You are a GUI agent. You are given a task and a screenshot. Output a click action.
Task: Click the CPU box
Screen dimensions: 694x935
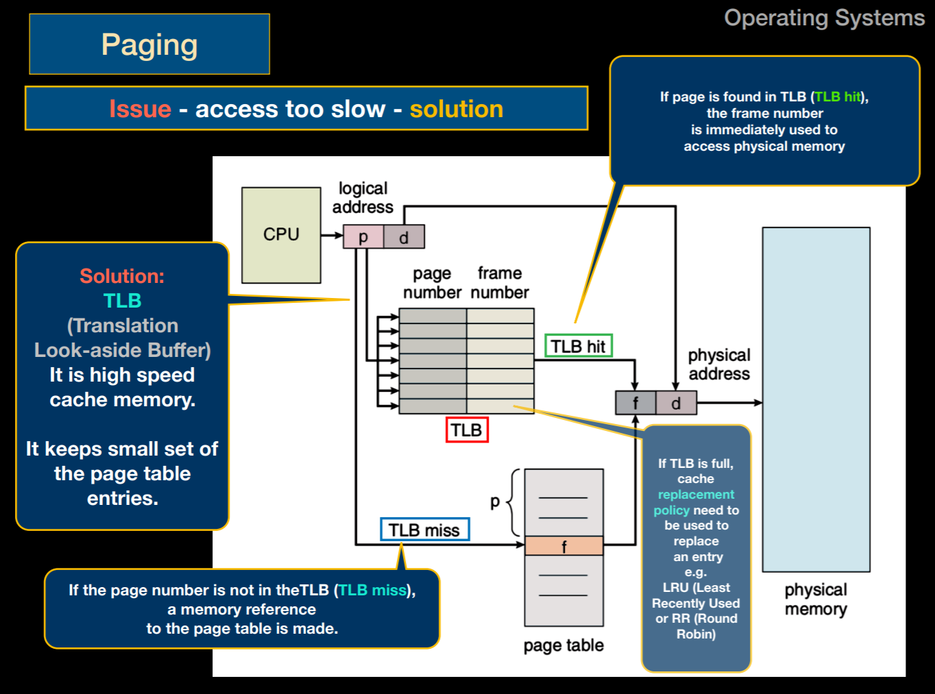281,235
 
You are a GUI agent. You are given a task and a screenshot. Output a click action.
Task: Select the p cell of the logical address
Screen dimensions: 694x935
363,237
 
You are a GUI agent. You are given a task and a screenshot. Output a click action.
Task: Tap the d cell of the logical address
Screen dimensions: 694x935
404,237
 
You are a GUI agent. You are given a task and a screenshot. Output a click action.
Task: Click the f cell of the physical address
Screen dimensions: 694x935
635,403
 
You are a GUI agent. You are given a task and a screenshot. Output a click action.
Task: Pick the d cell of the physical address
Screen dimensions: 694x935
676,403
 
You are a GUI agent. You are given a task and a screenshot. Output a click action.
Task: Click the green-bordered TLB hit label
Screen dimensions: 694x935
578,346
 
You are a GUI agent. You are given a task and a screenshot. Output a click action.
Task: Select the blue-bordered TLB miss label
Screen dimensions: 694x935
424,530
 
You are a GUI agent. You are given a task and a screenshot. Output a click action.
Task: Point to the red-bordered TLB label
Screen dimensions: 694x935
467,430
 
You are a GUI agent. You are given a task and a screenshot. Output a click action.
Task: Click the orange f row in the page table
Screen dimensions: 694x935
563,546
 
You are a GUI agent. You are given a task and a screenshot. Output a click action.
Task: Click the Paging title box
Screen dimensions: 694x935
149,45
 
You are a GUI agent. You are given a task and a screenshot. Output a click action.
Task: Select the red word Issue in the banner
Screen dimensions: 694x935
140,109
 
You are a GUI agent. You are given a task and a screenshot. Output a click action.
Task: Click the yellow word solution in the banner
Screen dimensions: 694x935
457,109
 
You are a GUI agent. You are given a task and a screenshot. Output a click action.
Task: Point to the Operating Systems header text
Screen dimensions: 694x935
824,18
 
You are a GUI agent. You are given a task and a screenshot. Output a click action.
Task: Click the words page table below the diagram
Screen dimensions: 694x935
563,645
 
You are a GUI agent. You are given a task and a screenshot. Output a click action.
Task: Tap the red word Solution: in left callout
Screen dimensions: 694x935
122,276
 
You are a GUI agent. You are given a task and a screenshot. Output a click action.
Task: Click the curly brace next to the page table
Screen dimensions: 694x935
513,503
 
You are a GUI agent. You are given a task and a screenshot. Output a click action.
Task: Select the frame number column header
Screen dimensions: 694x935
500,283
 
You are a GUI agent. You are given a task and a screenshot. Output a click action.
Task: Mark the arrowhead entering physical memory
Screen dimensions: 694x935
757,403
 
